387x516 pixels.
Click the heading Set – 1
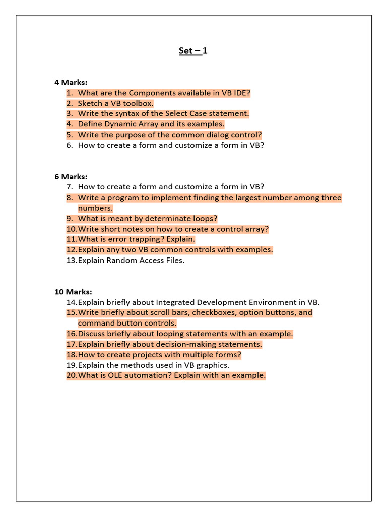pyautogui.click(x=193, y=50)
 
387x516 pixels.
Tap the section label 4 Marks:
pyautogui.click(x=71, y=82)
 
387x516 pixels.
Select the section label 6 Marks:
pyautogui.click(x=71, y=176)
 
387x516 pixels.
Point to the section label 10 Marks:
pyautogui.click(x=73, y=292)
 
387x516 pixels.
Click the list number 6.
pyautogui.click(x=69, y=145)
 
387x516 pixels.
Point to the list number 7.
pyautogui.click(x=69, y=187)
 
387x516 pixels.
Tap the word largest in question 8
pyautogui.click(x=235, y=198)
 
